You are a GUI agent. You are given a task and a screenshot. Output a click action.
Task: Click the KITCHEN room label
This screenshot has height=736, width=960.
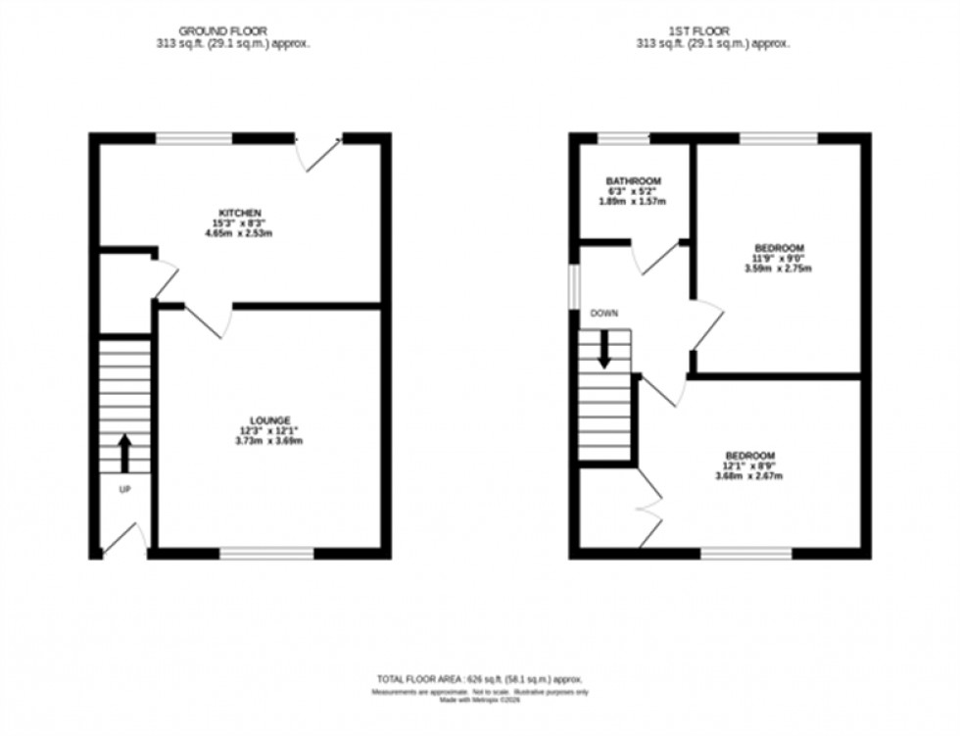tap(240, 213)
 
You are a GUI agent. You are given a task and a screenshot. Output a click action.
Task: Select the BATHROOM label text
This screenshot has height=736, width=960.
tap(633, 181)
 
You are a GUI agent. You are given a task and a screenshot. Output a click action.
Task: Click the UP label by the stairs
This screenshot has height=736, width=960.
tap(124, 488)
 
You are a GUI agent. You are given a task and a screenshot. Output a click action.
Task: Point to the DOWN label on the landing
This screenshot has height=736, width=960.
tap(603, 314)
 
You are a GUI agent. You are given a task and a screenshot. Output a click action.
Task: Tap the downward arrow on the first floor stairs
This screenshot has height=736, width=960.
tap(604, 350)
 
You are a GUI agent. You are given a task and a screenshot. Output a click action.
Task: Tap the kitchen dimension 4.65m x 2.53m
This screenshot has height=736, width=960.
tap(240, 234)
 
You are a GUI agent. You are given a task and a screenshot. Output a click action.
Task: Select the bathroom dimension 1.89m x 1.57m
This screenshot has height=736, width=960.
tap(633, 202)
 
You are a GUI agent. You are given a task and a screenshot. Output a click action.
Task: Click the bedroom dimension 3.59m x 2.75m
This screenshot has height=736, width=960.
tap(780, 268)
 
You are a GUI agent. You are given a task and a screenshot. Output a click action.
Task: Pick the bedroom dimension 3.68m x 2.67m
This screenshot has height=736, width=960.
tap(750, 476)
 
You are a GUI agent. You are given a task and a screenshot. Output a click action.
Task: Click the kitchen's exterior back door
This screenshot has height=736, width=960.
tap(319, 152)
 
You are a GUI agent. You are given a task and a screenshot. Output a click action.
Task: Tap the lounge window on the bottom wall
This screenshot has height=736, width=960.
tap(266, 554)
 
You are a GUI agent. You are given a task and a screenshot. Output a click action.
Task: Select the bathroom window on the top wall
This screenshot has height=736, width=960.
tap(624, 138)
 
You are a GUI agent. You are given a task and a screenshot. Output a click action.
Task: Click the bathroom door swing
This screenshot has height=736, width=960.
tap(654, 257)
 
